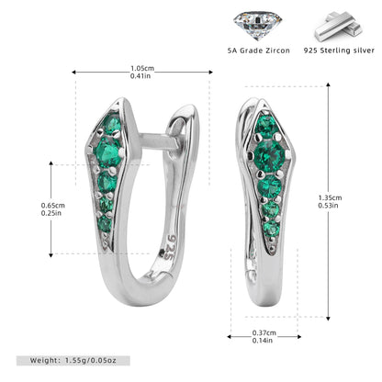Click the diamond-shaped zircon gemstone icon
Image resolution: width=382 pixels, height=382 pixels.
[x=258, y=25]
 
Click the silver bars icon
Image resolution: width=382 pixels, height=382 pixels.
[x=339, y=27]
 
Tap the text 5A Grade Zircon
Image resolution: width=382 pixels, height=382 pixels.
[x=259, y=51]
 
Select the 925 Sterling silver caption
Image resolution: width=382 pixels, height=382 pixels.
[x=339, y=51]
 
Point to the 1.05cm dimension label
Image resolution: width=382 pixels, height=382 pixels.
[x=142, y=69]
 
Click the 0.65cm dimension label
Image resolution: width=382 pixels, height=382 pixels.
[x=53, y=206]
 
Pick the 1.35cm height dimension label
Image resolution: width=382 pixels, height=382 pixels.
[x=330, y=197]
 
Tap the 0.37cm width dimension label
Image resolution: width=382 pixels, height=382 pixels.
[x=264, y=332]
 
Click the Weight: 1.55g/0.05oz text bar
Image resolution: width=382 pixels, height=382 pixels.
[x=73, y=361]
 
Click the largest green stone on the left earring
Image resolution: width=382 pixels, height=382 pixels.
[x=107, y=152]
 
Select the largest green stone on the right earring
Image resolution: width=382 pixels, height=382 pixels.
[x=269, y=155]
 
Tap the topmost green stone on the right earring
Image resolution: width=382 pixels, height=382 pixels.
[x=266, y=125]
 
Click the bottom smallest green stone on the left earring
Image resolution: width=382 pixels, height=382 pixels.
[x=105, y=224]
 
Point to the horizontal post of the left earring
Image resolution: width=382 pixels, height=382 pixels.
[x=159, y=141]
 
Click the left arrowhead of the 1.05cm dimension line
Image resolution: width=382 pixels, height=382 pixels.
[x=73, y=73]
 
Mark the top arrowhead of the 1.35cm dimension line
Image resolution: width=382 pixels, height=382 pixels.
[x=328, y=84]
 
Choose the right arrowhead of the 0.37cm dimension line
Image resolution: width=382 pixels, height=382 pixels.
[x=298, y=337]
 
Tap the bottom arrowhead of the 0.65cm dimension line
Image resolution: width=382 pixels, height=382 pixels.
[x=51, y=255]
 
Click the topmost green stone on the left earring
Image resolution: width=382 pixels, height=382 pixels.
[x=112, y=123]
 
